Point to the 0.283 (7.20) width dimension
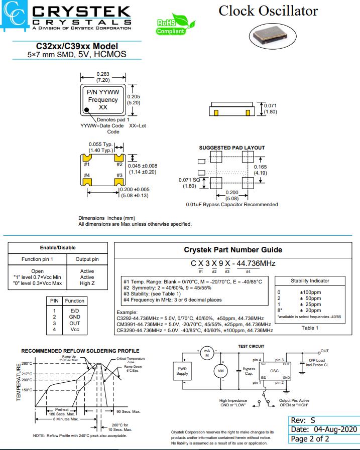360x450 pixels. pyautogui.click(x=103, y=77)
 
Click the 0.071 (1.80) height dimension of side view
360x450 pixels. pyautogui.click(x=270, y=109)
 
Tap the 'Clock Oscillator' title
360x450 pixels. pyautogui.click(x=268, y=11)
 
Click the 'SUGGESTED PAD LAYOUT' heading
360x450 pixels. pyautogui.click(x=232, y=147)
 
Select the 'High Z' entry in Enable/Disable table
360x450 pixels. pyautogui.click(x=87, y=283)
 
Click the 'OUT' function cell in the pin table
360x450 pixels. pyautogui.click(x=74, y=324)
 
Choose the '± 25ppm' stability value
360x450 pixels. pyautogui.click(x=310, y=304)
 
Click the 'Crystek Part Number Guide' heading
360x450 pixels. pyautogui.click(x=233, y=250)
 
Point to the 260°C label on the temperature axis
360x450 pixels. pyautogui.click(x=27, y=363)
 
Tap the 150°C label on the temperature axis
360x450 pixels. pyautogui.click(x=27, y=390)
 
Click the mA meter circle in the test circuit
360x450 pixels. pyautogui.click(x=206, y=353)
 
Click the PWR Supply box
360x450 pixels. pyautogui.click(x=182, y=371)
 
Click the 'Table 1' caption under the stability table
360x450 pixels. pyautogui.click(x=310, y=328)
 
